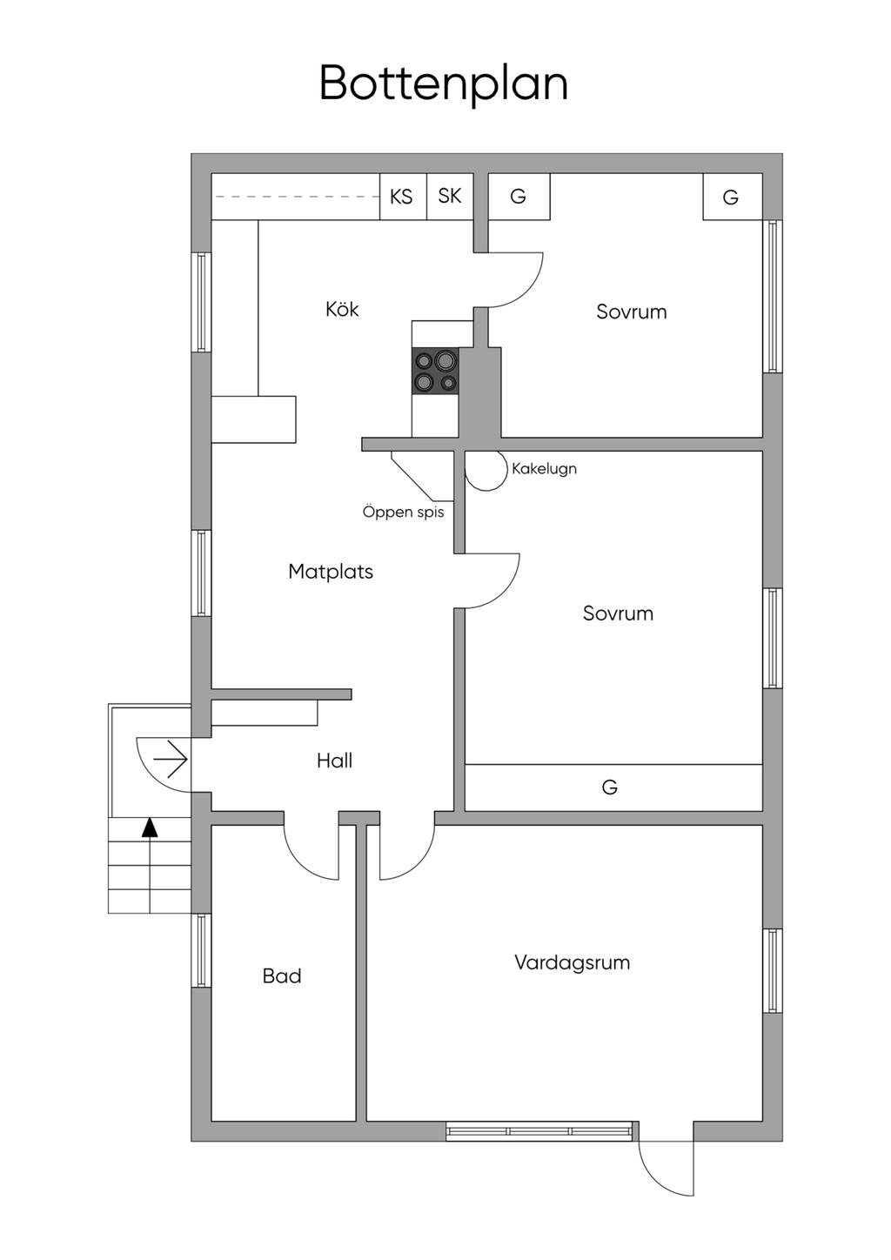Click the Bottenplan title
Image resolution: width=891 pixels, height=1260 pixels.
click(x=444, y=84)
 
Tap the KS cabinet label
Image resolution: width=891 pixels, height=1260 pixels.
click(x=401, y=197)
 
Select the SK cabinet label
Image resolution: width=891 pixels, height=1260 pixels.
click(x=450, y=196)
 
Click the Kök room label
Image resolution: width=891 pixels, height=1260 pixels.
click(x=342, y=309)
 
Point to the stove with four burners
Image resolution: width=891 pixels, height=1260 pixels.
click(x=435, y=371)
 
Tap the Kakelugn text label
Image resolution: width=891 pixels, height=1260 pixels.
click(x=544, y=468)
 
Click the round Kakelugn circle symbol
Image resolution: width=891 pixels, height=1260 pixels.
click(x=486, y=469)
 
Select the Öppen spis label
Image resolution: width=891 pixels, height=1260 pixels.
click(x=403, y=512)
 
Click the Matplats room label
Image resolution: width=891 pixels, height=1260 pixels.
click(x=331, y=572)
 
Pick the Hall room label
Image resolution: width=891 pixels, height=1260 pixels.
click(x=334, y=761)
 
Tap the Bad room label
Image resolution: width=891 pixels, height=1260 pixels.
click(x=282, y=976)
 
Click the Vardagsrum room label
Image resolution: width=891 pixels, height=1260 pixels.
click(x=572, y=962)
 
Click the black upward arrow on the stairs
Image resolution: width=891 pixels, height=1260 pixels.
click(x=150, y=828)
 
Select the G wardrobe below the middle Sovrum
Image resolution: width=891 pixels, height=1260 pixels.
click(x=610, y=787)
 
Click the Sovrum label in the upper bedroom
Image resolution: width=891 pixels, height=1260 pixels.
click(x=631, y=312)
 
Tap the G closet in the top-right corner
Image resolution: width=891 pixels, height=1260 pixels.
click(x=731, y=198)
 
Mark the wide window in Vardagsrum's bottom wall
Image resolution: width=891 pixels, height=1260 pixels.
click(x=539, y=1131)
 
